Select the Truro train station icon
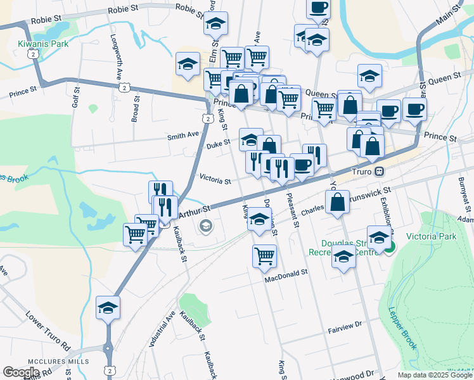click(379, 171)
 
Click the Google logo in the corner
click(21, 372)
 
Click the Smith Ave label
click(183, 134)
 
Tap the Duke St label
click(218, 145)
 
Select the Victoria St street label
click(215, 180)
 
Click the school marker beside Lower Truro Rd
click(108, 308)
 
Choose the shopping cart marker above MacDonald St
click(264, 256)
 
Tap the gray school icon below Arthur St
click(206, 225)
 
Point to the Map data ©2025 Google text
click(434, 375)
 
